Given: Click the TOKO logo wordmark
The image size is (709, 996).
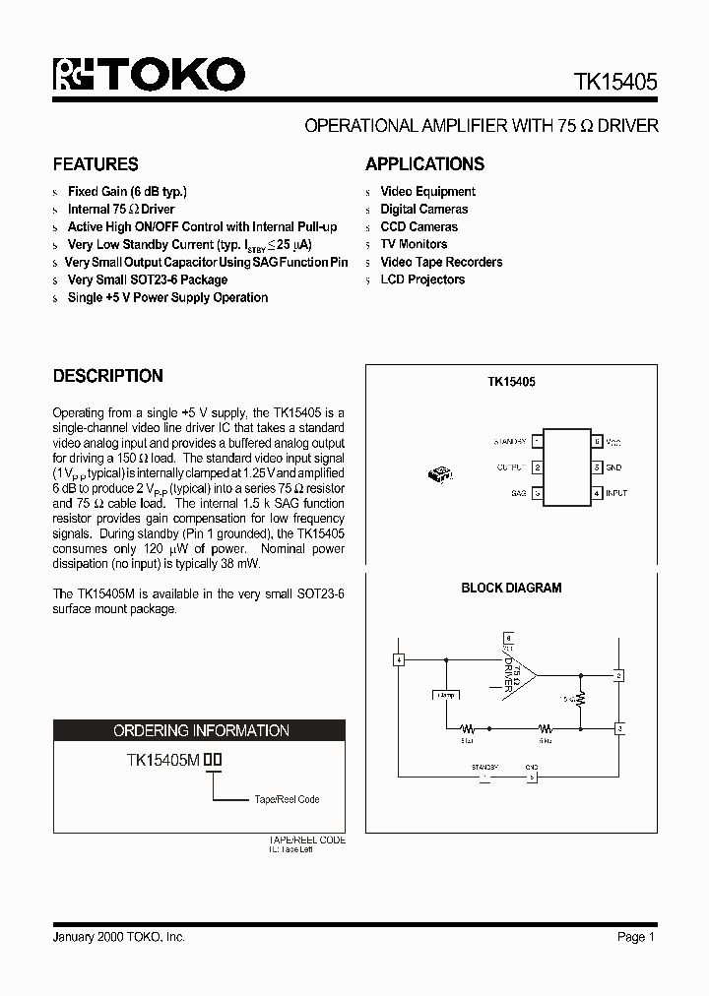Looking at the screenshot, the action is click(148, 76).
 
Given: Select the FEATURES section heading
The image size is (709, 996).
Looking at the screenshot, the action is click(95, 164).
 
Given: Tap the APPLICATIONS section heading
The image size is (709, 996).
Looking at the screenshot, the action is click(424, 164).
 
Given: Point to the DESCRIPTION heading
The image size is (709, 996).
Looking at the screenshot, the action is click(107, 376).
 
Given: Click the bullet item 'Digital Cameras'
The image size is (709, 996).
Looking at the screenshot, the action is click(423, 210).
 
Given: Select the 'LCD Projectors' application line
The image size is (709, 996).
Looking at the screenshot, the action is click(422, 280).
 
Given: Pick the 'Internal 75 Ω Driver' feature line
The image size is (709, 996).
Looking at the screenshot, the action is click(120, 210).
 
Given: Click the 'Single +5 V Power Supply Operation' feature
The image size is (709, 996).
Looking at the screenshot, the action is click(167, 297).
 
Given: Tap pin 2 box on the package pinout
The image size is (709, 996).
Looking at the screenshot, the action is click(537, 467).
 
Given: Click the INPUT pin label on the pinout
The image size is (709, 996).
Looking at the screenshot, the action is click(616, 493).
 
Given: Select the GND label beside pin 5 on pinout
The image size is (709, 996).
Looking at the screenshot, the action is click(613, 467).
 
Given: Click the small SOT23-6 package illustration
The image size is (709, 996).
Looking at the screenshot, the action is click(439, 474).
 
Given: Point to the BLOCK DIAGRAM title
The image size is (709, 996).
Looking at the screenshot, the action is click(511, 588).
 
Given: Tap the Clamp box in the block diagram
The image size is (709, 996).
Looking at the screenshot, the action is click(445, 695).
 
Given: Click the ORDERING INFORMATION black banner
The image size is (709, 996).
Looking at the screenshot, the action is click(200, 730).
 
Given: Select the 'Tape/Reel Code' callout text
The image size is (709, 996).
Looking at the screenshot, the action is click(287, 799).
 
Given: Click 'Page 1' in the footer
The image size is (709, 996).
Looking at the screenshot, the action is click(635, 937).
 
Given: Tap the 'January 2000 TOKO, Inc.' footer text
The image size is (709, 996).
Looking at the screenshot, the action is click(118, 937).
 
